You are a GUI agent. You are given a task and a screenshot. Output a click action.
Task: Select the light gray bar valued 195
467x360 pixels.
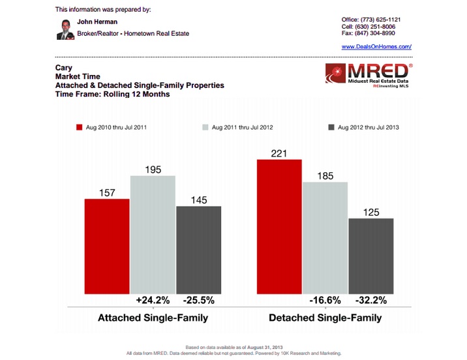pos(153,235)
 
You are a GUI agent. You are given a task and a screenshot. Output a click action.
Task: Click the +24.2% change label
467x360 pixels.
pos(153,301)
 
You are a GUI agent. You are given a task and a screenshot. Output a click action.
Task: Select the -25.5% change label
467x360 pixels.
pos(198,301)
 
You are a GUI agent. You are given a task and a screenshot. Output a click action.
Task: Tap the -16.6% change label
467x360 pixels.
pos(325,301)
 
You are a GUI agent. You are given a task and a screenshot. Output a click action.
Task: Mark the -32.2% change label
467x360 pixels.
pos(370,301)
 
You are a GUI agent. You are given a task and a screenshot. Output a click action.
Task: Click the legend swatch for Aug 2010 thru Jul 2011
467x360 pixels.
pos(80,127)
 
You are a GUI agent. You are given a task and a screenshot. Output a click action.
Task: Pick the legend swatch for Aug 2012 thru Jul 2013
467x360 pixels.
pos(331,127)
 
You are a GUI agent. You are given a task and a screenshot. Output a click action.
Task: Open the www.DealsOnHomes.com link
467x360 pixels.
pos(376,47)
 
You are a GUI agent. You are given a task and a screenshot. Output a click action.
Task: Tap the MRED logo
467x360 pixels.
pos(369,76)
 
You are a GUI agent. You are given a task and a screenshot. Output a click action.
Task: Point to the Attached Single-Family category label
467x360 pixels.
pos(153,319)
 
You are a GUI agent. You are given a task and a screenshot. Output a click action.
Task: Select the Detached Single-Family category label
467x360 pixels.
pos(325,319)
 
